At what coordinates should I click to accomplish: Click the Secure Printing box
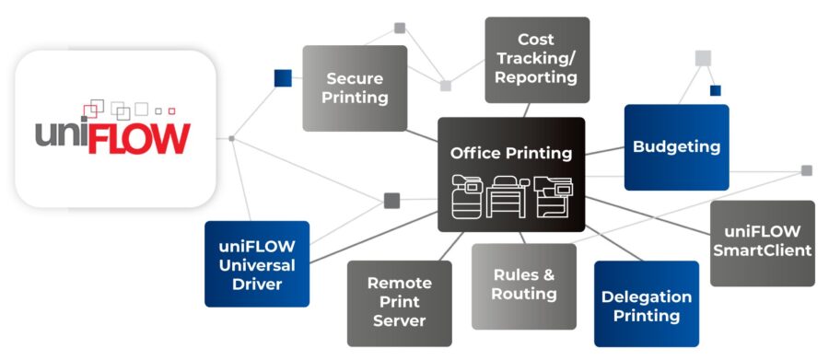pos(355,88)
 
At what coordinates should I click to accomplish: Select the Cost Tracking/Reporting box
pos(537,60)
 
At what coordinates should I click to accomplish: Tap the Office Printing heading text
pos(511,153)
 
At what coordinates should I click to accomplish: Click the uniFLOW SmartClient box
pos(762,241)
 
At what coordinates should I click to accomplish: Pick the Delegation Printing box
pos(647,307)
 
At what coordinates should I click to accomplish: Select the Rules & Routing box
pos(524,285)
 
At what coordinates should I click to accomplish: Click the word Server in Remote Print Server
pos(400,320)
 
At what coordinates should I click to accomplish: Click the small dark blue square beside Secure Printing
pos(283,78)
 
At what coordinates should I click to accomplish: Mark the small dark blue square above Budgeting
pos(716,90)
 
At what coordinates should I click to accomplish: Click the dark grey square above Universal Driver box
pos(391,200)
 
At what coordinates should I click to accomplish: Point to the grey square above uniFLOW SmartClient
pos(807,170)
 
